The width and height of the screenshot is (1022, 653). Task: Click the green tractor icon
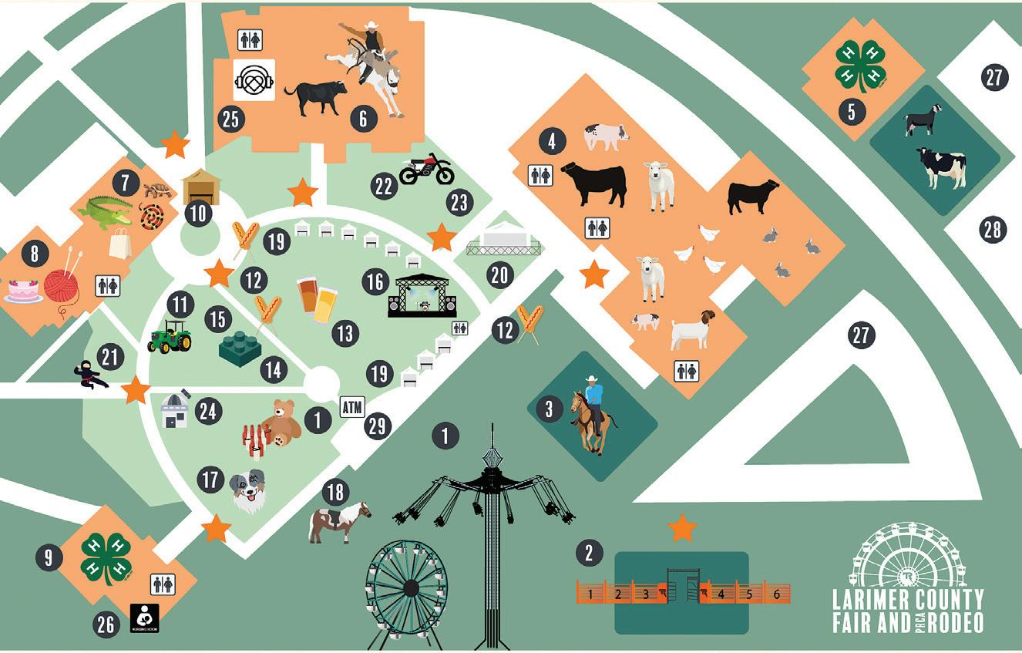(x=170, y=336)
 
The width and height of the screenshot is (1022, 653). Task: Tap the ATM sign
(x=352, y=406)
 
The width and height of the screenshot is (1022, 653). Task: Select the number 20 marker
(x=501, y=275)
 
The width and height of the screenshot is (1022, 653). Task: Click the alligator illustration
(x=105, y=212)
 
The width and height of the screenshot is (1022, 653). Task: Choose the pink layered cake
(x=23, y=291)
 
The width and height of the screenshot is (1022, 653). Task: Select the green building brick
(x=240, y=349)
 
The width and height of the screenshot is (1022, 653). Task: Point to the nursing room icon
(x=146, y=618)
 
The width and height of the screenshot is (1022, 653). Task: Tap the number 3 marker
(x=549, y=409)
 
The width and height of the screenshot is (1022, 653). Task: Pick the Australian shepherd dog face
(x=247, y=489)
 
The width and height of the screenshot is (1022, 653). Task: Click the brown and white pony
(x=338, y=521)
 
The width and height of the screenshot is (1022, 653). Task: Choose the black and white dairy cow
(x=940, y=167)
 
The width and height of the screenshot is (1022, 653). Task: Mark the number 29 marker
(x=377, y=426)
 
